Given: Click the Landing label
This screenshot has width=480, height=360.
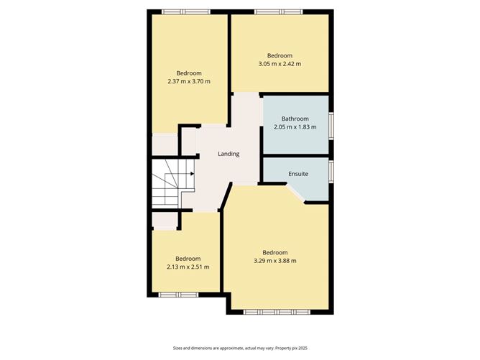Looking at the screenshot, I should (229, 154).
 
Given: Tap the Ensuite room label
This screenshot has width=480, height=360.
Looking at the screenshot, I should (298, 173).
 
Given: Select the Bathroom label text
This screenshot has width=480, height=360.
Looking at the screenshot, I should (295, 119).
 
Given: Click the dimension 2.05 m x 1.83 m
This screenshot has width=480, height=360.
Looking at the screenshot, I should (295, 127).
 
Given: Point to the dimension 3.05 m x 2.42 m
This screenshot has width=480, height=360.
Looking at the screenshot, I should (280, 64).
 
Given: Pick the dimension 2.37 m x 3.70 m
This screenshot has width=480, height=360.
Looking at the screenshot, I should (189, 81).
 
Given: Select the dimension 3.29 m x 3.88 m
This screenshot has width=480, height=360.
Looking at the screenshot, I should (275, 260).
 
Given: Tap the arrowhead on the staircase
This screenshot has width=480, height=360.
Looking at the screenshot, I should (191, 173).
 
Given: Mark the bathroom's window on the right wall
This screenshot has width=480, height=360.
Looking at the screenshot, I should (331, 124).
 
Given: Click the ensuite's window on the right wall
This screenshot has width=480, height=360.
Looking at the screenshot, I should (331, 171).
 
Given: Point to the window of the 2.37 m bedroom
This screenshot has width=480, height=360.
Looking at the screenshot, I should (185, 11).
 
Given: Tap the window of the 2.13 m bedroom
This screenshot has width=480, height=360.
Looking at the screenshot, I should (178, 294).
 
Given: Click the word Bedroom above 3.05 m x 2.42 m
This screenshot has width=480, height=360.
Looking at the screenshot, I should (280, 55).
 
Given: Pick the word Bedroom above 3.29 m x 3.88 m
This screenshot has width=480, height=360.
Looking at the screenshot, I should (275, 251).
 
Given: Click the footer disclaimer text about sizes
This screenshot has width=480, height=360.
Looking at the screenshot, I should (239, 348).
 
